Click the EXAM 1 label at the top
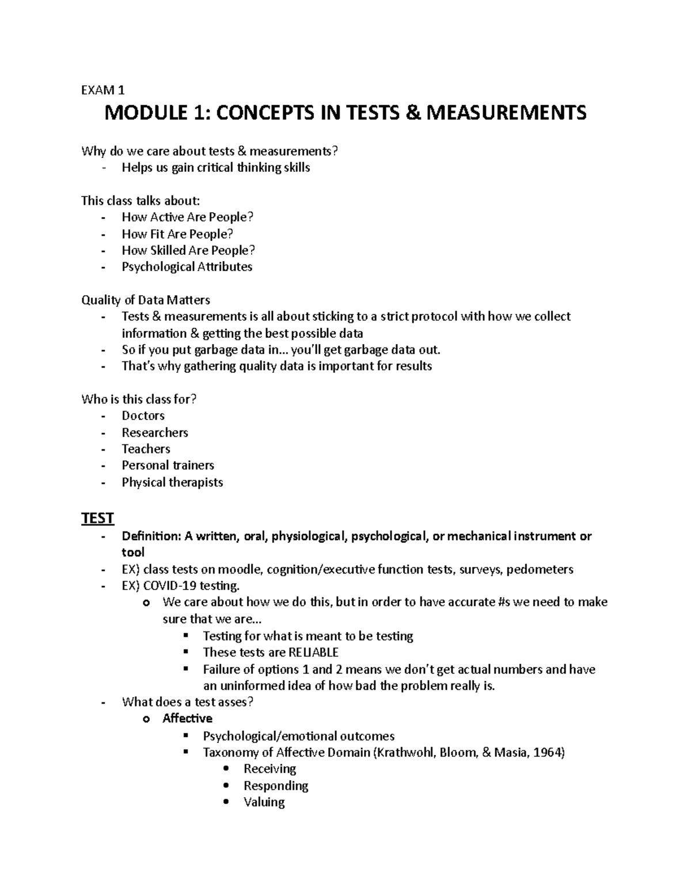click(x=103, y=90)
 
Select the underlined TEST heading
click(x=97, y=518)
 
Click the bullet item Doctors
click(x=143, y=416)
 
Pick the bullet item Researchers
click(x=155, y=432)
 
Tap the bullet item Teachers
click(x=146, y=449)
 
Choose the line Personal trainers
click(x=168, y=465)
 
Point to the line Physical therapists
click(x=172, y=482)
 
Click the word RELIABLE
click(x=313, y=652)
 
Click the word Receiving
click(x=269, y=769)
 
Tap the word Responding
click(x=276, y=786)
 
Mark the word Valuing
click(x=264, y=802)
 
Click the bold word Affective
click(x=187, y=718)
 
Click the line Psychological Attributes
click(x=187, y=267)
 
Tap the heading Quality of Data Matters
click(x=146, y=300)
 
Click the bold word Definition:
click(x=151, y=536)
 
